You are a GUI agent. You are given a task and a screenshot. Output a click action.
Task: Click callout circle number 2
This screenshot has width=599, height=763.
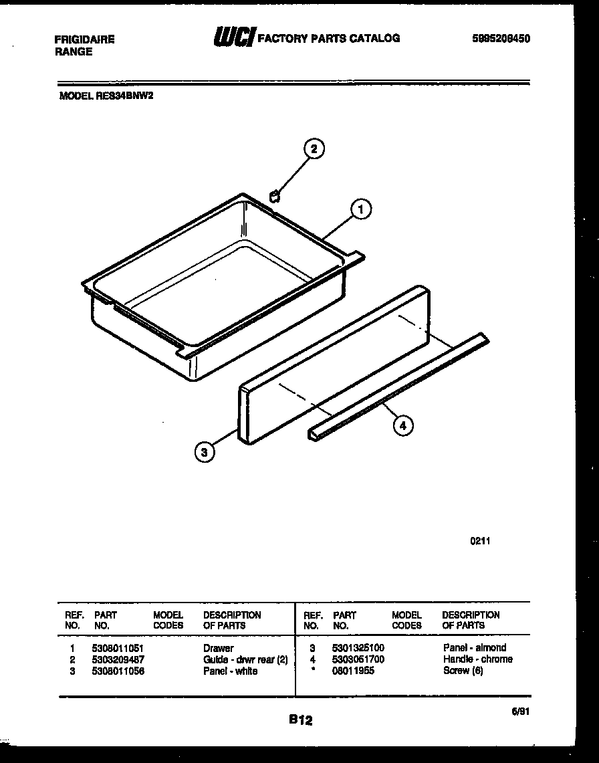[314, 148]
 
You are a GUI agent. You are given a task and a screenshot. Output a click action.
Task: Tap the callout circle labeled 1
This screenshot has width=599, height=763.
[361, 210]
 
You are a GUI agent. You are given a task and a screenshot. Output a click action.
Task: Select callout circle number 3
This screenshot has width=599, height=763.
[205, 453]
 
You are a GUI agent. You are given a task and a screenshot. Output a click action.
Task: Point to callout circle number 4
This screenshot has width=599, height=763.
[402, 425]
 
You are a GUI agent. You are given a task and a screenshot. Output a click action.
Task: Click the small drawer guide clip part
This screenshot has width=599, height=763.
[273, 195]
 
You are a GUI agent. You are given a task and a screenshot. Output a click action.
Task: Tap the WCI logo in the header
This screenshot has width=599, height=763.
[233, 38]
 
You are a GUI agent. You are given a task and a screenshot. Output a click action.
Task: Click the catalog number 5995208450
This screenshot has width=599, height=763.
[501, 39]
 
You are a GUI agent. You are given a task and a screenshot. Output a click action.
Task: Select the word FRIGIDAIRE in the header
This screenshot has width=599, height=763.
[84, 39]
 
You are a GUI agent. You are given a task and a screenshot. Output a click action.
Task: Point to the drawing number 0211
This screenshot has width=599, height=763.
[479, 542]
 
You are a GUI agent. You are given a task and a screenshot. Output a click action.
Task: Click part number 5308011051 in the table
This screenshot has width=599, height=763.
[118, 648]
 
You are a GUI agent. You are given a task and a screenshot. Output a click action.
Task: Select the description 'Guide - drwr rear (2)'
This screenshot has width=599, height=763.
[245, 659]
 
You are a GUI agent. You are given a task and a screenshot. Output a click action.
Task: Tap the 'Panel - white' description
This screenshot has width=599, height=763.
[230, 671]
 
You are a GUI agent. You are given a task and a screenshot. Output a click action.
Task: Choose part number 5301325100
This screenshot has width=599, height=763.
[358, 648]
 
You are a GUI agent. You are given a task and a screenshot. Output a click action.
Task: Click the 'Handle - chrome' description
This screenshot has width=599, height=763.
[477, 659]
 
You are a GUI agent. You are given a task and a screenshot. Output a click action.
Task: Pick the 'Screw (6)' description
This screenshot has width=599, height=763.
[462, 671]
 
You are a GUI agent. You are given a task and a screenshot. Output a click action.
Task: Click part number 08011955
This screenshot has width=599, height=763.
[353, 671]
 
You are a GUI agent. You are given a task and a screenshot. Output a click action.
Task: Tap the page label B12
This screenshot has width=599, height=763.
[301, 720]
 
